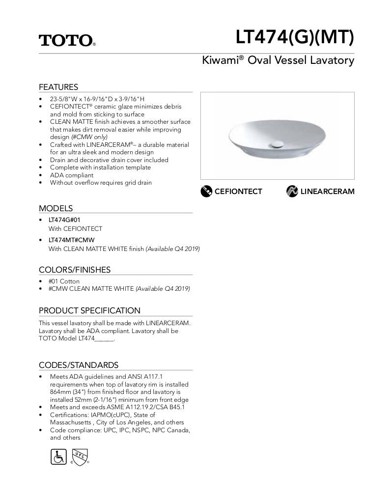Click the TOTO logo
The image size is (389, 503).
67,40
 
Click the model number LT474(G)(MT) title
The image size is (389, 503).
294,37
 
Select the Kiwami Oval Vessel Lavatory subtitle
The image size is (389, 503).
278,60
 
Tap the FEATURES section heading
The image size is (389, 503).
58,87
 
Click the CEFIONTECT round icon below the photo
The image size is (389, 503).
206,191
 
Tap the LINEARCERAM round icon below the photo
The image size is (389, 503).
292,191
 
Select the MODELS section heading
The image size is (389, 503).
56,208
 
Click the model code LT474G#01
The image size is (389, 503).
64,220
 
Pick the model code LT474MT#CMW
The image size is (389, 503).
71,240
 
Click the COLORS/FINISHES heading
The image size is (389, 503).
75,270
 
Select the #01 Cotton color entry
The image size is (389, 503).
64,281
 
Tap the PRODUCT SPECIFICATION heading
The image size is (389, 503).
89,310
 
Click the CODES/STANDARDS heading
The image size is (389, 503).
79,365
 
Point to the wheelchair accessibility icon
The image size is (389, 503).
58,456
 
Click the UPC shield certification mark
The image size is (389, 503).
80,456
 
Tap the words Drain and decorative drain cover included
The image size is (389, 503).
109,160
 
